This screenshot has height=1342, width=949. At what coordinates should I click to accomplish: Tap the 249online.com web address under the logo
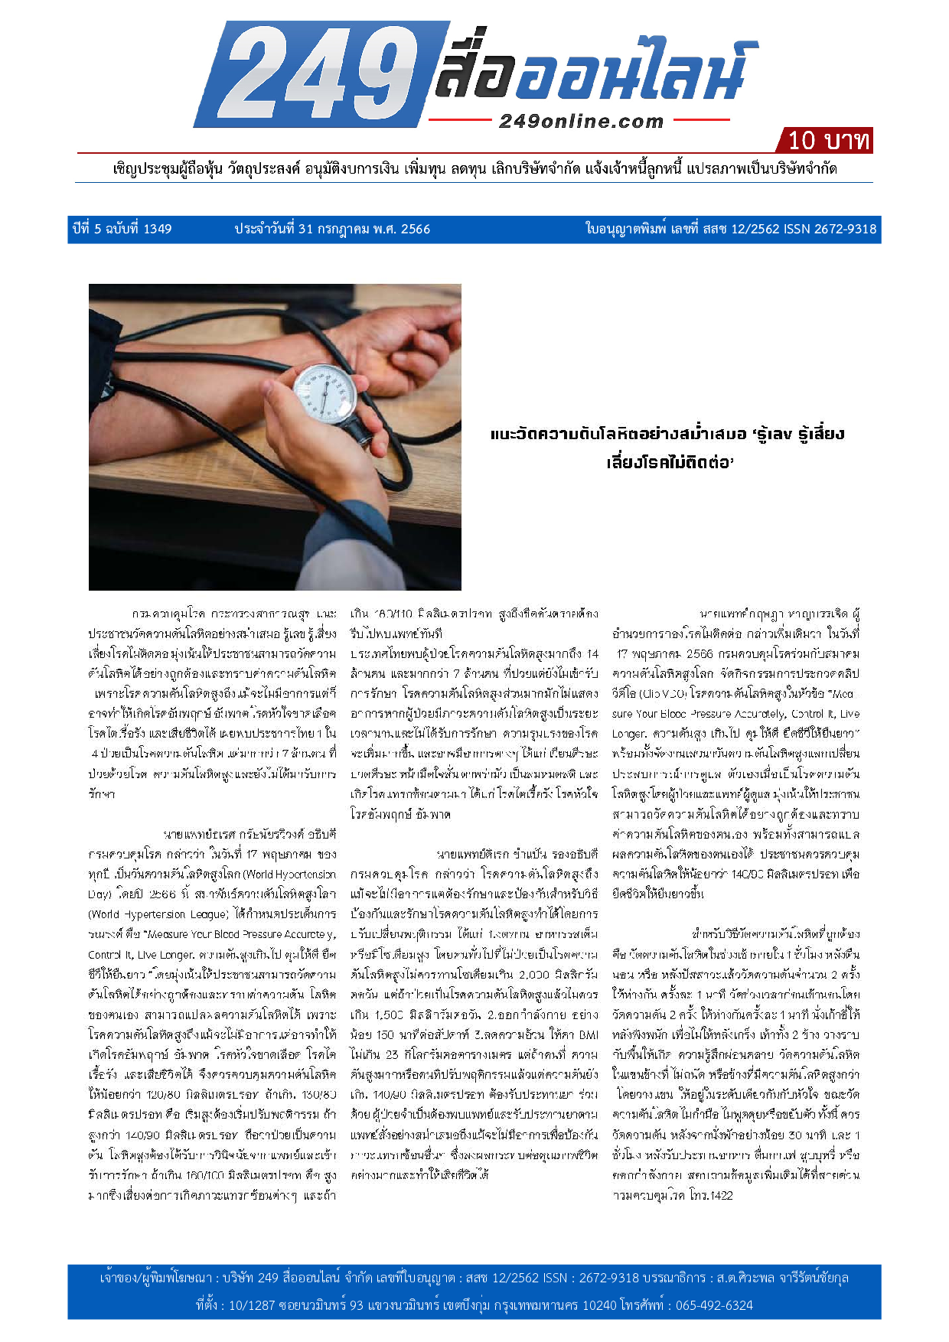pos(581,121)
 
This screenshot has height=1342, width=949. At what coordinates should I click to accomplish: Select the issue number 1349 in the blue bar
pos(158,229)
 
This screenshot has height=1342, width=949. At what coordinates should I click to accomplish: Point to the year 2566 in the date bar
pos(416,229)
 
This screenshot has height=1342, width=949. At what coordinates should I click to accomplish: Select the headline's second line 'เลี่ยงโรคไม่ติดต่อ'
pos(670,462)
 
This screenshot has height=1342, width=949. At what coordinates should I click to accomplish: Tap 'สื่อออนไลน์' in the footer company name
pos(311,1278)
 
